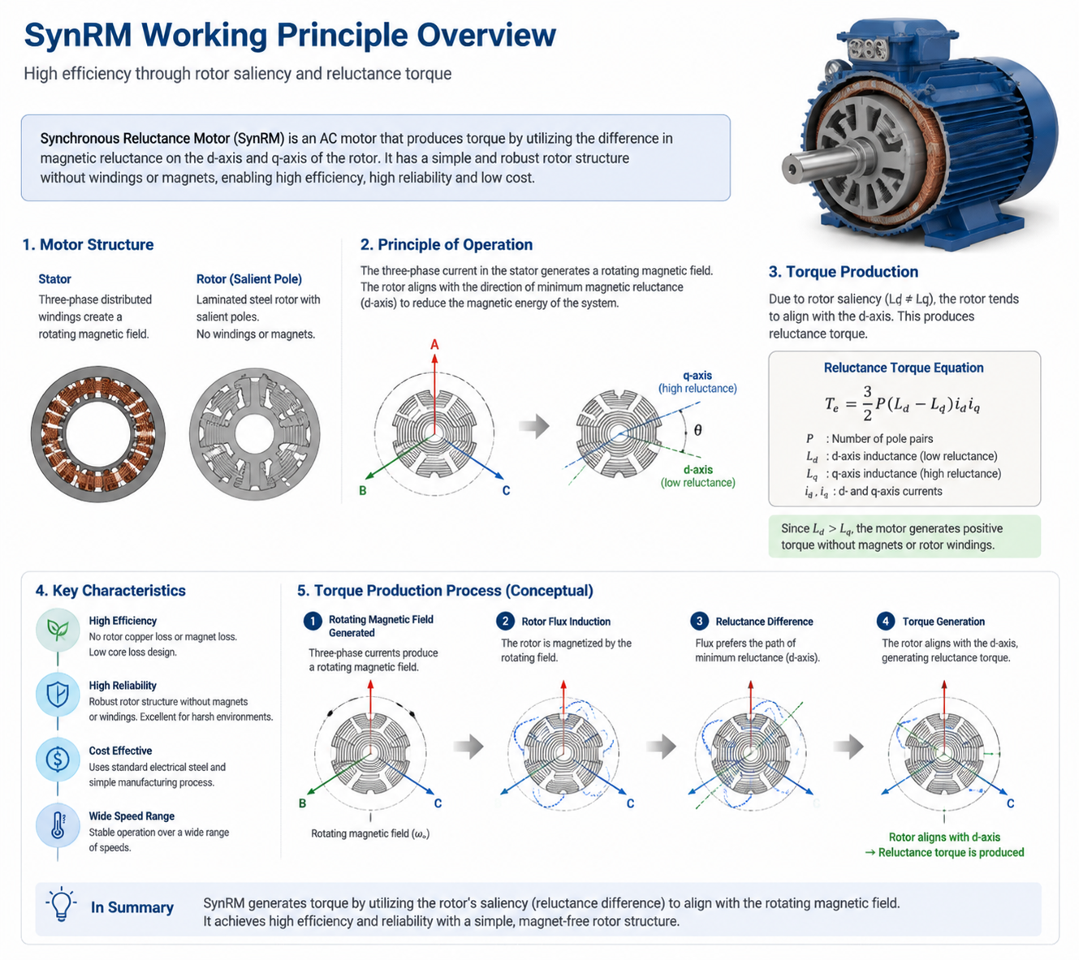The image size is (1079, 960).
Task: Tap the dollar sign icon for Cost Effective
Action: pos(58,759)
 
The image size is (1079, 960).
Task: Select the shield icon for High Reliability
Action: pos(58,694)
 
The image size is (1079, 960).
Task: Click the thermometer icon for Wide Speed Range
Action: pos(58,824)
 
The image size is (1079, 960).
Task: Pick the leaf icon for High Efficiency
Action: pos(58,630)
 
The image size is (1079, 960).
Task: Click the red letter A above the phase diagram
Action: pos(434,345)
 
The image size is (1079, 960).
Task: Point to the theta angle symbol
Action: pos(697,429)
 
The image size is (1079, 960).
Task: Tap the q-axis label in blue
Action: pos(697,376)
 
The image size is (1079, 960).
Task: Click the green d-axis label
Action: pos(697,470)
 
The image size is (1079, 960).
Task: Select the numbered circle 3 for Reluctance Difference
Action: pos(699,621)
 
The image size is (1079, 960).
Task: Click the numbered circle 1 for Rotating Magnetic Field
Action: pos(313,621)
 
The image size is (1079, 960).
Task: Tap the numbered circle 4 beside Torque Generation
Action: pos(885,621)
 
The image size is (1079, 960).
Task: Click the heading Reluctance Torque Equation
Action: pos(904,368)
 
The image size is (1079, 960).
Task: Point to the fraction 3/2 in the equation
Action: pos(867,403)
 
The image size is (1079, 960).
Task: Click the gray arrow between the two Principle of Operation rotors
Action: pos(534,426)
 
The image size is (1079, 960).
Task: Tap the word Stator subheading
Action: pos(54,279)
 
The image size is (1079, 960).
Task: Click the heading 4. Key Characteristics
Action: pos(110,591)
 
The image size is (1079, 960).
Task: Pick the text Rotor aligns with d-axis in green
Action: pos(944,837)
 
